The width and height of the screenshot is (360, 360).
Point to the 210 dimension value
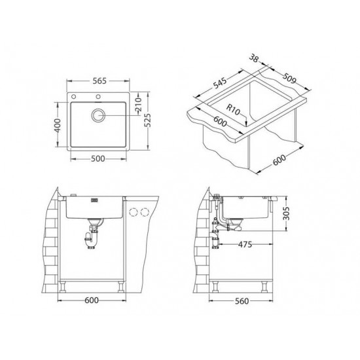pos(138,106)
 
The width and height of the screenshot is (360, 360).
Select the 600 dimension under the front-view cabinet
pos(92,300)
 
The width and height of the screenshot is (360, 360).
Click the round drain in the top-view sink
pos(99,116)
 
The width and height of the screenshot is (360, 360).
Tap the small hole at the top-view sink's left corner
pos(75,98)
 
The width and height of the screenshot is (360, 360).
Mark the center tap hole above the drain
pos(99,98)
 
